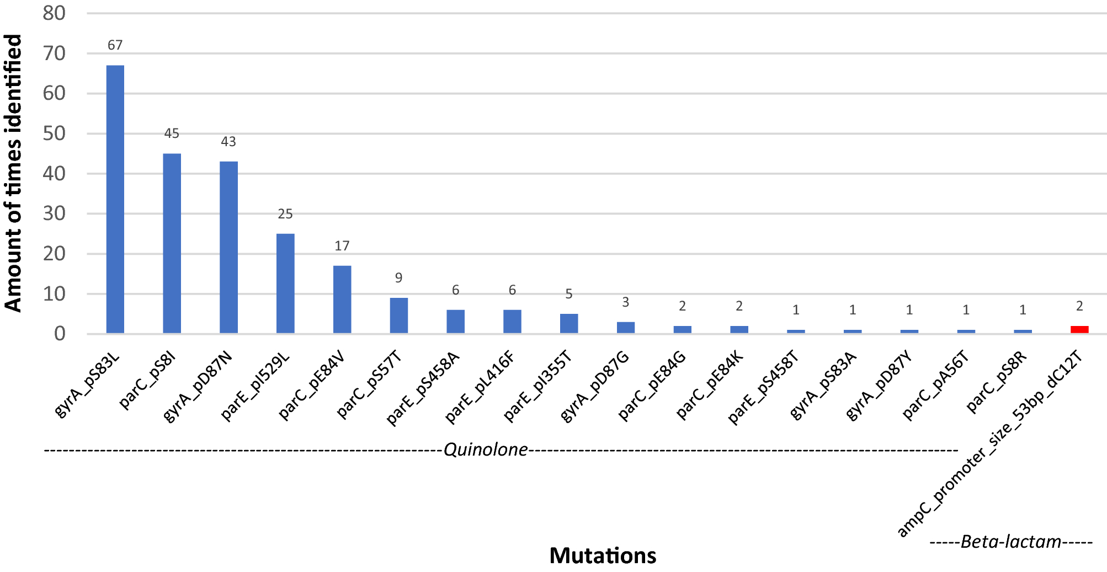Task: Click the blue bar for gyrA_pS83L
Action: tap(115, 199)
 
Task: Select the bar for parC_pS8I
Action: tap(172, 243)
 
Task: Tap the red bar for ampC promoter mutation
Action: tap(1079, 329)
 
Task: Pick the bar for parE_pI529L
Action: tap(285, 283)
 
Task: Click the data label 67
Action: tap(115, 45)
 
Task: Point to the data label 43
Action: tap(228, 142)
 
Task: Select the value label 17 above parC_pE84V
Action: tap(342, 245)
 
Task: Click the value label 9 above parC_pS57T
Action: tap(398, 278)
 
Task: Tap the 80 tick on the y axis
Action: tap(54, 13)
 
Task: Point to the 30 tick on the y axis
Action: tap(54, 213)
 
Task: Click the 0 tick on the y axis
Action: tap(60, 334)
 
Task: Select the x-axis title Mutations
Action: tap(603, 555)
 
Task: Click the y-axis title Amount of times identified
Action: tap(13, 173)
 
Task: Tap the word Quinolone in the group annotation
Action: tap(486, 450)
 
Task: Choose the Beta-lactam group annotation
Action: tap(1010, 542)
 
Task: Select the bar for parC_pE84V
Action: tap(342, 300)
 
